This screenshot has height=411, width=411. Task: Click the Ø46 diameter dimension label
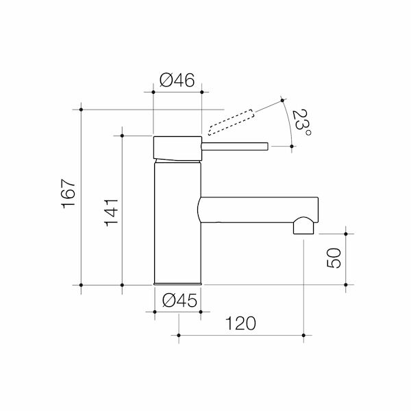(177, 80)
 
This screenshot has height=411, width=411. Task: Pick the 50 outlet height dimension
(334, 259)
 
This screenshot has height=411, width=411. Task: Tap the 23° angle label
(301, 123)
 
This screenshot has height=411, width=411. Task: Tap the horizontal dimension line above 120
(240, 335)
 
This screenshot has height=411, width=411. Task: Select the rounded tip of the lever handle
(266, 145)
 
